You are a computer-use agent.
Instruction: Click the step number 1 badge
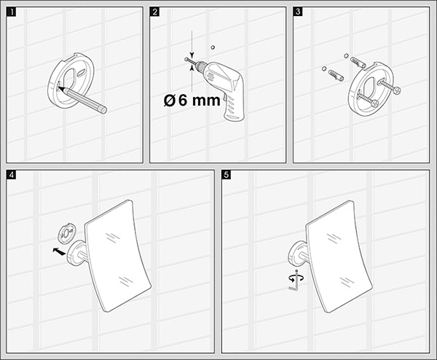pyautogui.click(x=12, y=12)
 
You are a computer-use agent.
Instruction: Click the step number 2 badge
pyautogui.click(x=154, y=12)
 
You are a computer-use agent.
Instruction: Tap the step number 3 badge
pyautogui.click(x=298, y=12)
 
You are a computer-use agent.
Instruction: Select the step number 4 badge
pyautogui.click(x=12, y=175)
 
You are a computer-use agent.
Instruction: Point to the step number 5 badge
pyautogui.click(x=227, y=175)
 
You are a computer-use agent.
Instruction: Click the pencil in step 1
pyautogui.click(x=83, y=100)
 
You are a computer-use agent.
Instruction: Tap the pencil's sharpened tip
pyautogui.click(x=58, y=87)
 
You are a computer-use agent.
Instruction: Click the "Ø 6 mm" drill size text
pyautogui.click(x=192, y=100)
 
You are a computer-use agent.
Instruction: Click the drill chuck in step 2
pyautogui.click(x=199, y=66)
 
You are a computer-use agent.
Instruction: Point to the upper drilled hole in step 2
pyautogui.click(x=213, y=47)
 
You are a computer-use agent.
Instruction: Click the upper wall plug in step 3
pyautogui.click(x=358, y=62)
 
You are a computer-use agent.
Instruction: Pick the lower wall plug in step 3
pyautogui.click(x=336, y=75)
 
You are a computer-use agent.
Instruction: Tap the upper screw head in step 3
pyautogui.click(x=398, y=90)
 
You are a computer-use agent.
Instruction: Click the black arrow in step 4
pyautogui.click(x=59, y=251)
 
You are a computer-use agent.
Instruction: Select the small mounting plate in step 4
pyautogui.click(x=67, y=234)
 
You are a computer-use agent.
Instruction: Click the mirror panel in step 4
pyautogui.click(x=118, y=256)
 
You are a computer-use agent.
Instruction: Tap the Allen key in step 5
pyautogui.click(x=295, y=281)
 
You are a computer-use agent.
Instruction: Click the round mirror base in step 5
pyautogui.click(x=296, y=254)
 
